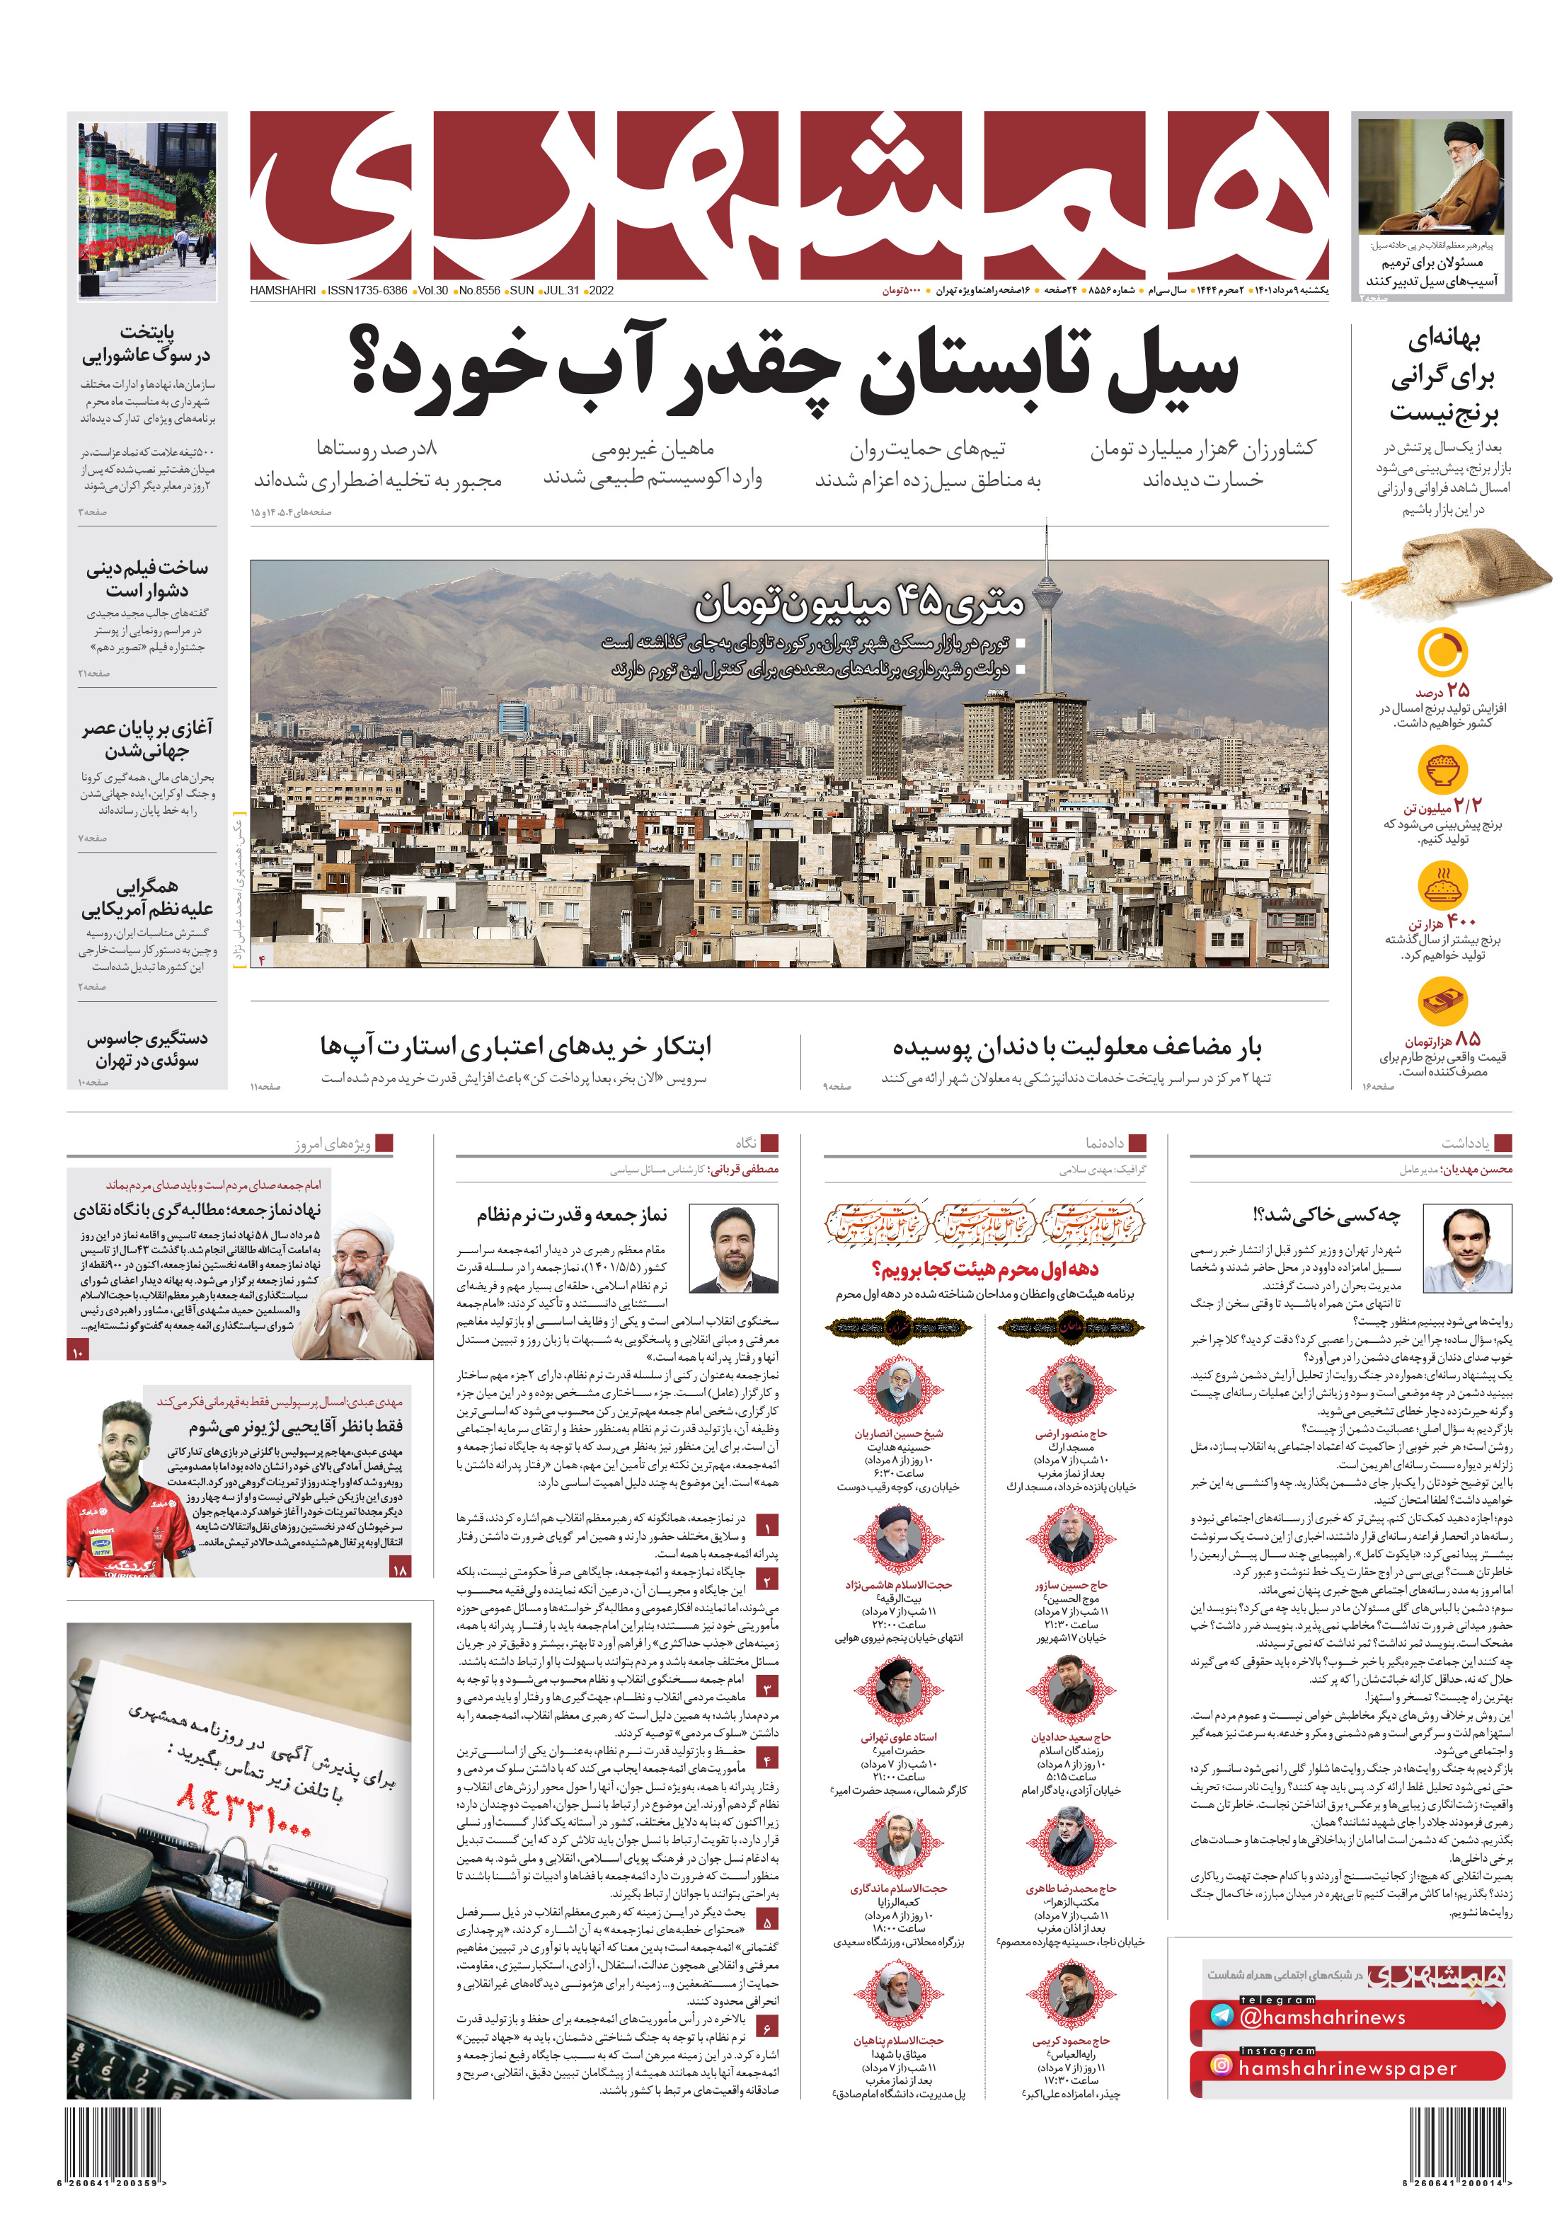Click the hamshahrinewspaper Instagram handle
pos(1347,2068)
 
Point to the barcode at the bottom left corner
pos(113,2143)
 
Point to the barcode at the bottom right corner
pos(1458,2143)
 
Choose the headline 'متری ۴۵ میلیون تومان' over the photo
pos(858,604)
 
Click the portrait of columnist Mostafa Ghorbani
pos(732,1250)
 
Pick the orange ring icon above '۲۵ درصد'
pos(1442,653)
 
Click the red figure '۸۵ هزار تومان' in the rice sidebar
pos(1442,1039)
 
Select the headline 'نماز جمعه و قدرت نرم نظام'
pos(572,1215)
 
